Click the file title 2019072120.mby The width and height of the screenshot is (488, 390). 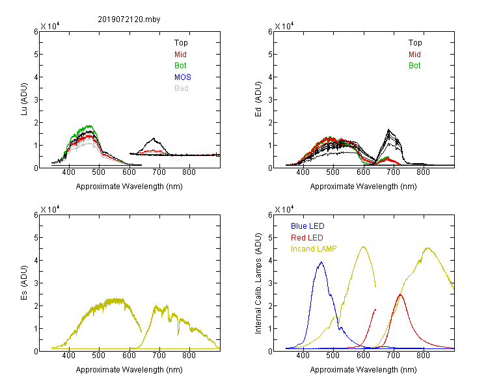[129, 19]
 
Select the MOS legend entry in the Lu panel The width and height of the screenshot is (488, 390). [183, 77]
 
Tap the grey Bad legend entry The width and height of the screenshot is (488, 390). [182, 88]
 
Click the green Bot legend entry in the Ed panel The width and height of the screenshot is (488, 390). [414, 66]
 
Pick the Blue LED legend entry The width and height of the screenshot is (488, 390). [308, 226]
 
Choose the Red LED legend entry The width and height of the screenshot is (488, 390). [307, 238]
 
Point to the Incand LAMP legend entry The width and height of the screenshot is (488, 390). [314, 249]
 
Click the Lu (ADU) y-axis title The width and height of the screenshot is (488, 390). [24, 99]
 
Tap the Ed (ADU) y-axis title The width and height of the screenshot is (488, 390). [258, 99]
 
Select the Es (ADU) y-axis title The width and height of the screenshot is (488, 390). [24, 283]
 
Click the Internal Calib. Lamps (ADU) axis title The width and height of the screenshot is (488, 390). [258, 283]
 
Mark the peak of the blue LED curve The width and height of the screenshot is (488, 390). [321, 262]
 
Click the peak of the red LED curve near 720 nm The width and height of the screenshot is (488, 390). [400, 294]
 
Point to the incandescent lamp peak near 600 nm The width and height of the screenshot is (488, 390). [363, 246]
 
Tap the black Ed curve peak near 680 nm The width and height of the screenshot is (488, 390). [388, 129]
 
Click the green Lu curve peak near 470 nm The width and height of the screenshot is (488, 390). [89, 125]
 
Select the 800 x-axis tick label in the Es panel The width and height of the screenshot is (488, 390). [189, 356]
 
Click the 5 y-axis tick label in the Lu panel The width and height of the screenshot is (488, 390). [36, 55]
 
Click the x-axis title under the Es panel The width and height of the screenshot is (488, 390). [129, 370]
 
